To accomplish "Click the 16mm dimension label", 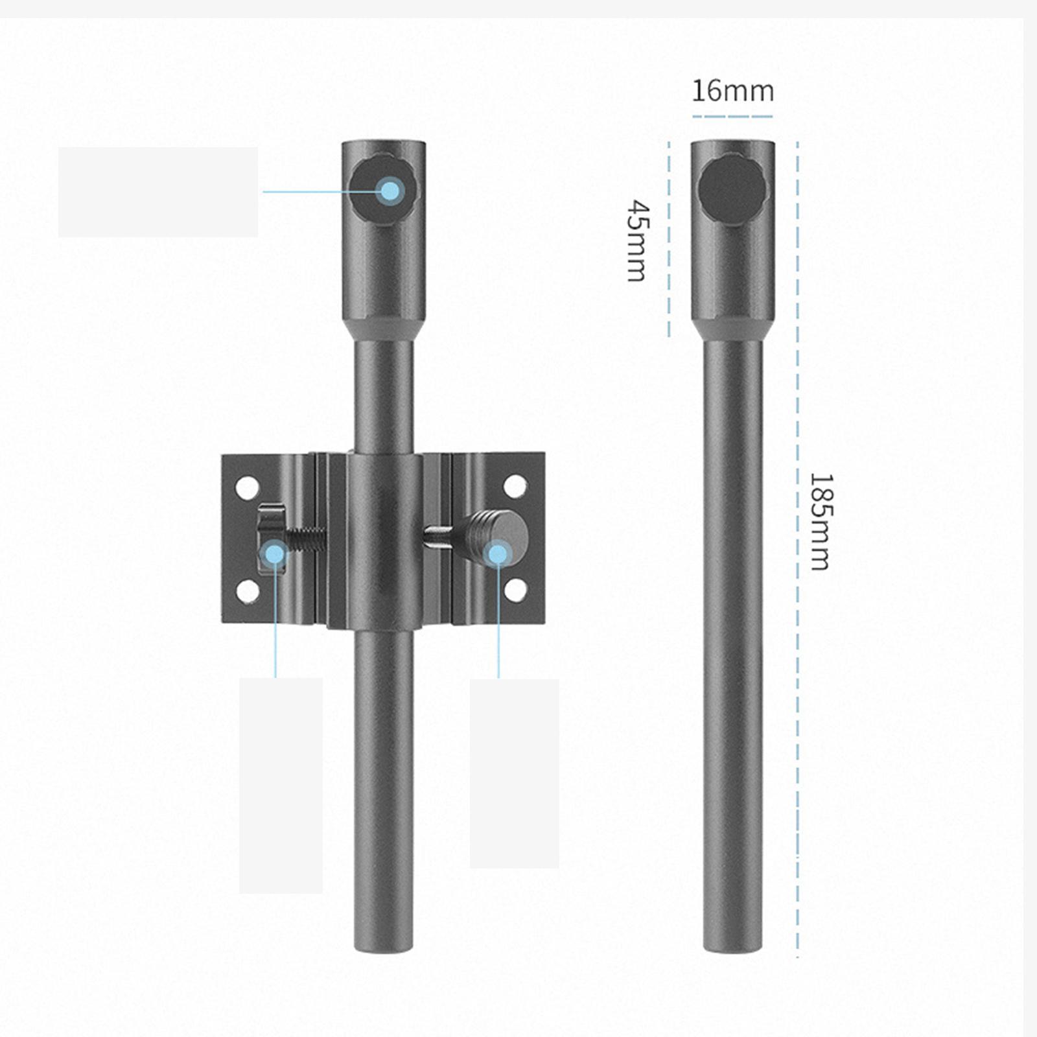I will (x=732, y=91).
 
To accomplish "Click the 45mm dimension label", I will (x=638, y=240).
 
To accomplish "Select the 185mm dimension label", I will (x=820, y=522).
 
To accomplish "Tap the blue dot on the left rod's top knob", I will (x=390, y=191).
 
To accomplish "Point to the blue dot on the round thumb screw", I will (x=498, y=554).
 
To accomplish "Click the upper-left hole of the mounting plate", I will (x=247, y=488).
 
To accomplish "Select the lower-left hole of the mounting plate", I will (x=247, y=591).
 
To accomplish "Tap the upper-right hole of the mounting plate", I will (x=515, y=486).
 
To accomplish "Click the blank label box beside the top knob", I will (x=158, y=192).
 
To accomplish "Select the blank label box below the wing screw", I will (x=281, y=786).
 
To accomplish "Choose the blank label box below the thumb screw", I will (x=514, y=773).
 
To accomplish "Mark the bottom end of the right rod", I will (x=732, y=945).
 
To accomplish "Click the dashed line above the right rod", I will (x=732, y=117).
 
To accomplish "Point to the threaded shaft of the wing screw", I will (x=305, y=539).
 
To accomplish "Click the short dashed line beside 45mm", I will (x=669, y=240).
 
